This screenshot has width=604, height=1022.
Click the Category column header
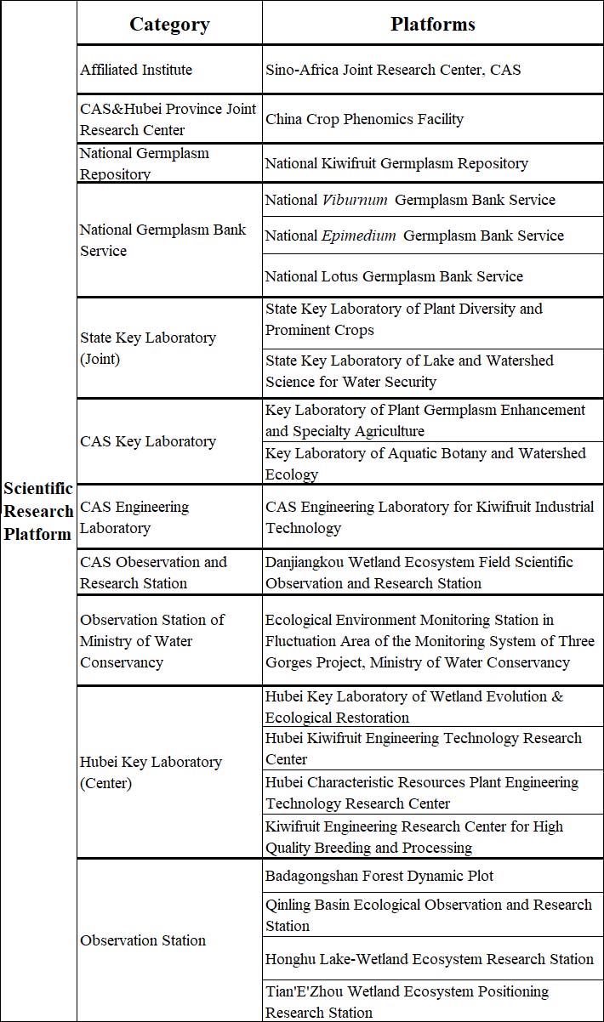coord(169,24)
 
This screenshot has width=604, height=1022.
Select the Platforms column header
coord(432,24)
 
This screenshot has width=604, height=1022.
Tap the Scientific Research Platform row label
coord(38,511)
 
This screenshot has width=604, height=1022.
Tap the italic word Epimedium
coord(358,236)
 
